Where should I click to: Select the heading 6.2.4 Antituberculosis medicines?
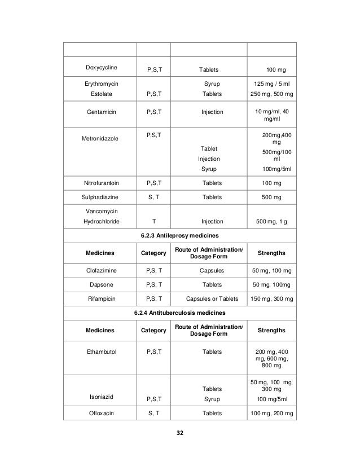coord(179,312)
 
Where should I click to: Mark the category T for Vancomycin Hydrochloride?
coord(154,222)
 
